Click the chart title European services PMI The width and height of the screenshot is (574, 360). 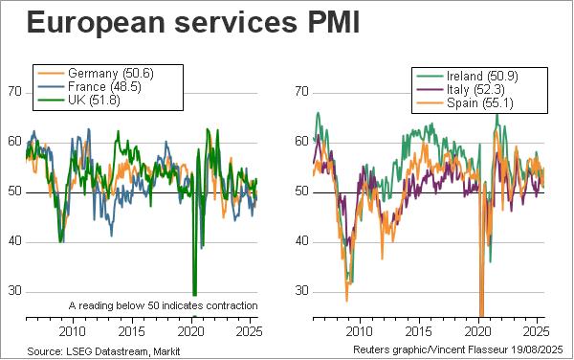tap(193, 22)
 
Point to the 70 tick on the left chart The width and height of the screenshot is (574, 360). tap(14, 92)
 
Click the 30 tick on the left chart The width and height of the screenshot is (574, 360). tap(14, 291)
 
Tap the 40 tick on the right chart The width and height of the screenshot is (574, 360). tap(301, 241)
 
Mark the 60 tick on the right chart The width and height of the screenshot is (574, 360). tap(301, 142)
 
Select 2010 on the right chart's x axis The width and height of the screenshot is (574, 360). tap(360, 331)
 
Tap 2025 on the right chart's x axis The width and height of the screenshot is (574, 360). tap(536, 331)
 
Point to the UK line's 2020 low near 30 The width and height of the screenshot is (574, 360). tap(195, 294)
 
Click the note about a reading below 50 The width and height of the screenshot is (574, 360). tap(163, 305)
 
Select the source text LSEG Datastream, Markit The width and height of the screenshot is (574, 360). tap(123, 351)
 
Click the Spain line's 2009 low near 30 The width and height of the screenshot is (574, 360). tap(346, 301)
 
